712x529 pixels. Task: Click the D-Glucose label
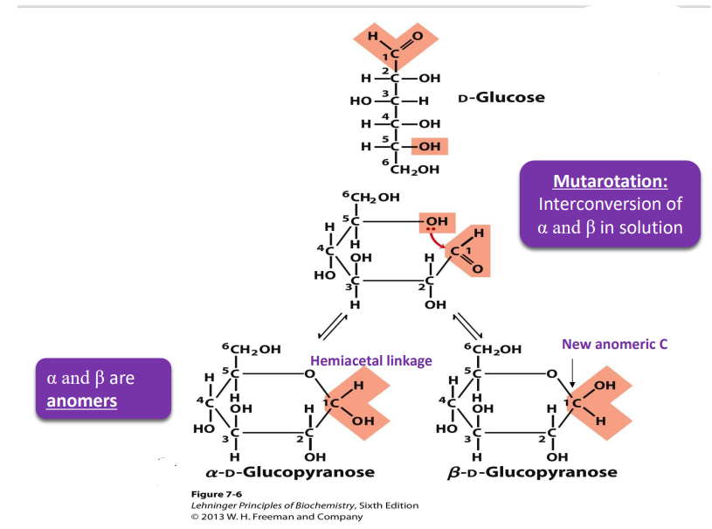(x=501, y=97)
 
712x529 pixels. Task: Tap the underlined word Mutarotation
(x=611, y=181)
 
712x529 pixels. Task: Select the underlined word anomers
(x=82, y=400)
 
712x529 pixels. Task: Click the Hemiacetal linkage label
(x=371, y=361)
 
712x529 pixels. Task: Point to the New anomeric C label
(x=614, y=344)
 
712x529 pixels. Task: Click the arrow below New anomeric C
(x=572, y=372)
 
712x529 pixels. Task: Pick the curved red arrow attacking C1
(x=436, y=240)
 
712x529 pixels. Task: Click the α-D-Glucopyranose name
(x=290, y=472)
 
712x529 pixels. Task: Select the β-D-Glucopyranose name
(x=532, y=472)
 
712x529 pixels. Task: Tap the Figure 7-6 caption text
(x=217, y=494)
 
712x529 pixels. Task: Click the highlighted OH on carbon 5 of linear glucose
(x=429, y=146)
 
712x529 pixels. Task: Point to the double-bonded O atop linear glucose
(x=418, y=36)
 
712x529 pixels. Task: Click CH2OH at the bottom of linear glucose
(x=415, y=170)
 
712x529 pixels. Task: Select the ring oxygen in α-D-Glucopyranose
(x=309, y=373)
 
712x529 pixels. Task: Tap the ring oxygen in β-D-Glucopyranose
(x=552, y=373)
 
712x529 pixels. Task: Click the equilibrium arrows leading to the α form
(x=333, y=326)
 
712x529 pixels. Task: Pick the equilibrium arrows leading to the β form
(x=468, y=326)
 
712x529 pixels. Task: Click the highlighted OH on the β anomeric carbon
(x=605, y=386)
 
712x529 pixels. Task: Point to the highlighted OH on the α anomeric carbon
(x=363, y=421)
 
